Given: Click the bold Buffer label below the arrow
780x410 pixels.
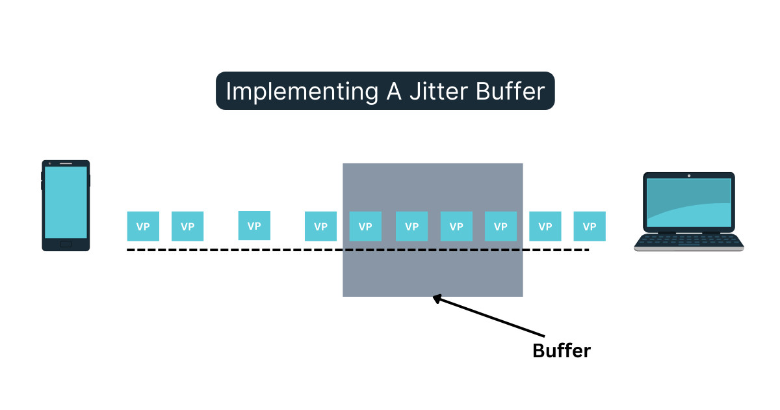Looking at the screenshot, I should click(x=561, y=351).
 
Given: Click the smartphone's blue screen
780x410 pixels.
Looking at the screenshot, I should click(x=66, y=202).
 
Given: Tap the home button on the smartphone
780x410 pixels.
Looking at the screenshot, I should click(x=66, y=244).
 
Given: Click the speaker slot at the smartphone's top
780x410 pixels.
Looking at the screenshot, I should click(x=66, y=163).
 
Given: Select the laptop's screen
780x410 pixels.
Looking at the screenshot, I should click(x=689, y=202).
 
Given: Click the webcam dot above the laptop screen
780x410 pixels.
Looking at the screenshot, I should click(x=689, y=175).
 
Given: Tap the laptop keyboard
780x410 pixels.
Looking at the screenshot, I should click(x=689, y=241).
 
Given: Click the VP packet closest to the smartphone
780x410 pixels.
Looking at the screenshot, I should click(x=143, y=226).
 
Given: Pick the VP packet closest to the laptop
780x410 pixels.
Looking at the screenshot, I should click(x=590, y=226).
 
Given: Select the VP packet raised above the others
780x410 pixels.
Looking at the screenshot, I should click(x=254, y=225).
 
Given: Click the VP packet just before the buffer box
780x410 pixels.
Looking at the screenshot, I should click(x=320, y=226).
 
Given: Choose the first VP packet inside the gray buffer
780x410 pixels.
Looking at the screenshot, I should click(x=365, y=226).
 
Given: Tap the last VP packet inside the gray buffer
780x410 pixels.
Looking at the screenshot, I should click(x=500, y=226).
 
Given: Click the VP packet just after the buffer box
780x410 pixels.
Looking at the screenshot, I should click(x=545, y=226).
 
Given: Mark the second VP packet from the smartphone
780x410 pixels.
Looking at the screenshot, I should click(x=187, y=226).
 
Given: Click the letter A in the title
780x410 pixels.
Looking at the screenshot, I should click(x=390, y=91).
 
